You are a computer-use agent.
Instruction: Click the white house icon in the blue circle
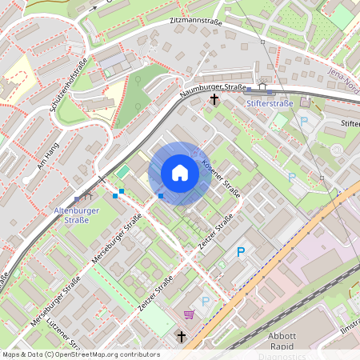pos(180,173)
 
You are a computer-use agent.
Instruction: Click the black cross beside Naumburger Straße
pos(214,100)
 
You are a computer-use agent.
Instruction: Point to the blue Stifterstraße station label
pos(270,103)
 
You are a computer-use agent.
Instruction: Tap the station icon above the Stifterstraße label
pos(262,89)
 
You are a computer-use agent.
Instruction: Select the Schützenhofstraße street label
pos(68,84)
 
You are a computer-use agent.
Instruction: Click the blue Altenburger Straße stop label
pos(70,214)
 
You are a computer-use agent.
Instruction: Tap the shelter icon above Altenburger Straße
pos(87,194)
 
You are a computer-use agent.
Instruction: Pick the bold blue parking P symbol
pos(241,252)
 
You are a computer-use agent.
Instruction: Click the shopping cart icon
pos(189,314)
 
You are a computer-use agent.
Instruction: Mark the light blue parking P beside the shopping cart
pos(206,302)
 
